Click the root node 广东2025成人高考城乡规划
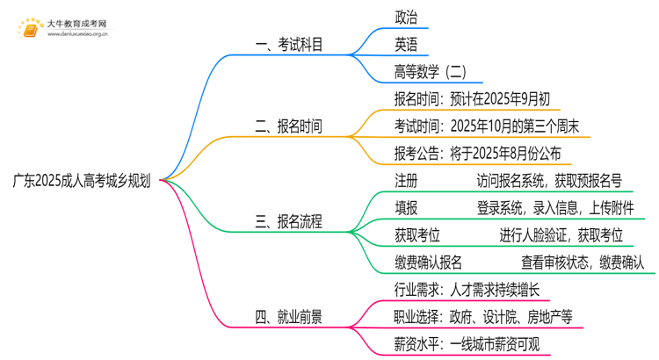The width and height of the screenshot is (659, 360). coord(81,182)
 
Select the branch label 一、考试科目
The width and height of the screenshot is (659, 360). coord(288,45)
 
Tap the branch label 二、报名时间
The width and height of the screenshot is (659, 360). coord(288,126)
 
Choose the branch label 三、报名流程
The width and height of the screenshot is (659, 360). coord(288,222)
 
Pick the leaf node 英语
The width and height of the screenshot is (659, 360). coord(407,44)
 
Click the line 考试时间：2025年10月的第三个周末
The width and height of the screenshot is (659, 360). coord(486,126)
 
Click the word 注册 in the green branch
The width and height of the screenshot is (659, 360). coord(407,181)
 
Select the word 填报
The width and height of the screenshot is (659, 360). coord(407,208)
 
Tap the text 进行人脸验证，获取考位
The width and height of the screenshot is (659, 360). coord(561,234)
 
